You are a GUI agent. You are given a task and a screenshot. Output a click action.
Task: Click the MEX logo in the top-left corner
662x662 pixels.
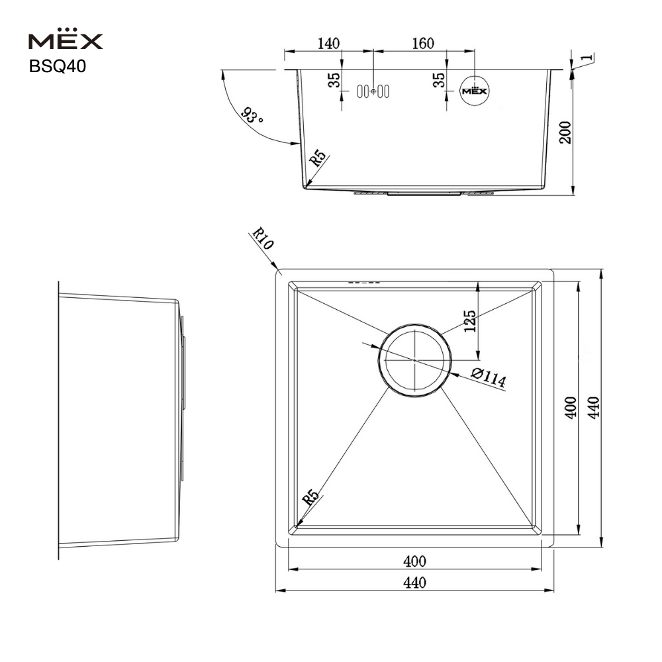66,39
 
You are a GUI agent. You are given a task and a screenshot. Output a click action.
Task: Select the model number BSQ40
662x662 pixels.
58,66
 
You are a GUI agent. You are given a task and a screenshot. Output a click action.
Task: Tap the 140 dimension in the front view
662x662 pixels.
328,43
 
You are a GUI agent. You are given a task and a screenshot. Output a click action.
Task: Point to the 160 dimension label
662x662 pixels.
422,43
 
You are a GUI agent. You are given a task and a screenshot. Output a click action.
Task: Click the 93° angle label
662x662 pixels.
252,115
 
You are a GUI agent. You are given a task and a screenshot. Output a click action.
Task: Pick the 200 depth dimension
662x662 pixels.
565,132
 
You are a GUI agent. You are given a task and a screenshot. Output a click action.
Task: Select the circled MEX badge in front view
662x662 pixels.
475,91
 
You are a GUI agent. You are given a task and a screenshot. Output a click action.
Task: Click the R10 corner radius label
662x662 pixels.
263,238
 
